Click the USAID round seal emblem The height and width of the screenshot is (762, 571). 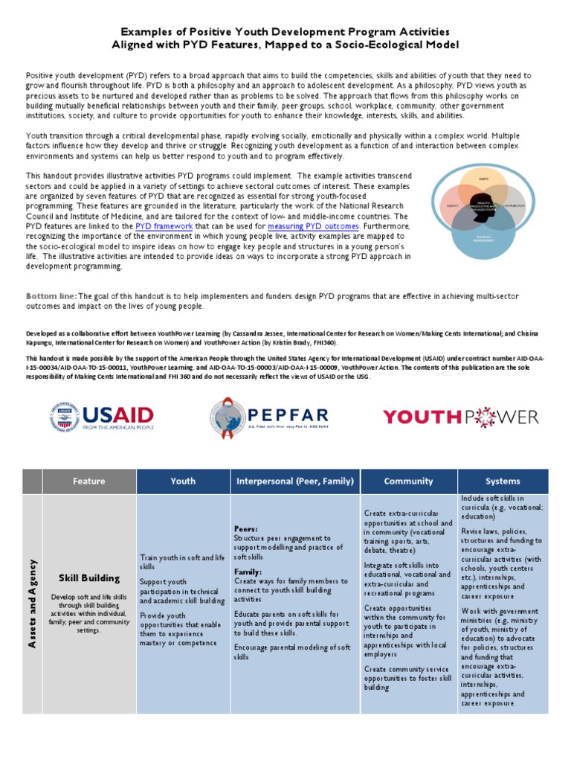pos(63,416)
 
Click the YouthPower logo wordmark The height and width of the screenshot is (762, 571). pos(460,417)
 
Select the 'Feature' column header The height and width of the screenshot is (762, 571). pos(88,481)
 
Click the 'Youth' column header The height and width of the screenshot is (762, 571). pos(183,481)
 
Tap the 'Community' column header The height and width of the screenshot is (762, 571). pos(408,481)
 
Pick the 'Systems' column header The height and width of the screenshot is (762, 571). pos(503,481)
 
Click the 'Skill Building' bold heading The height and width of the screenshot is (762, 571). pos(88,578)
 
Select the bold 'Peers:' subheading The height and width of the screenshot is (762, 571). pos(245,528)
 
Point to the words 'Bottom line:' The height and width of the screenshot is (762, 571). pos(51,296)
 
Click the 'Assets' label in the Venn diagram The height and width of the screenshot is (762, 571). pos(483,179)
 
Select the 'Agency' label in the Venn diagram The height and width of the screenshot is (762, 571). pos(451,205)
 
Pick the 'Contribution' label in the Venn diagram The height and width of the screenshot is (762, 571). pos(514,205)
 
